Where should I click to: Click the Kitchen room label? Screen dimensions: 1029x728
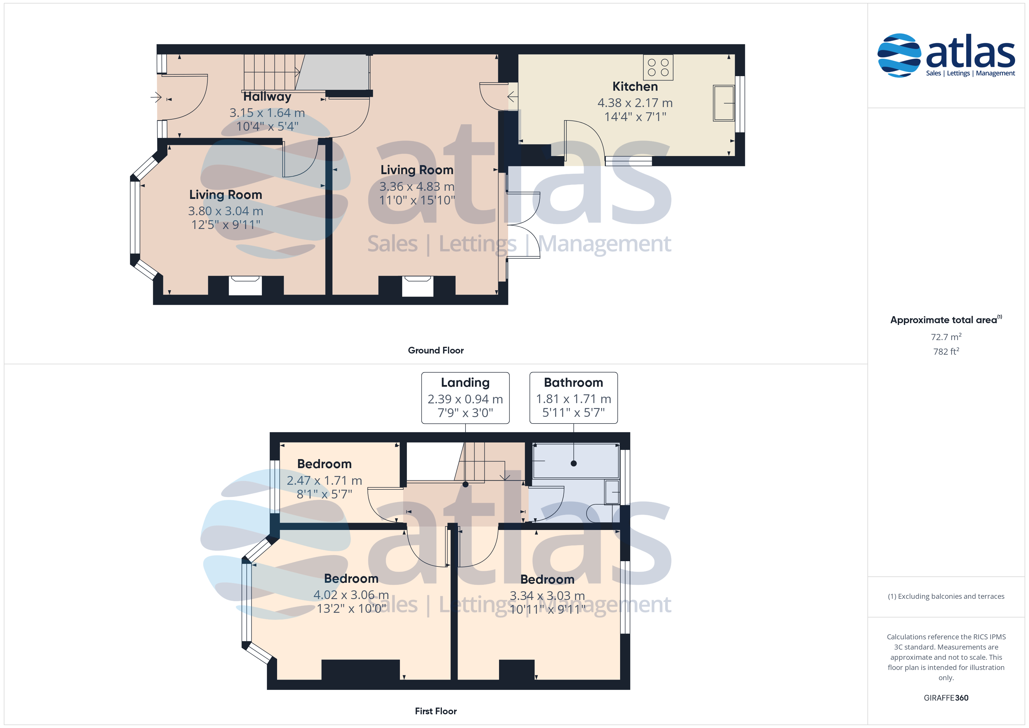click(x=635, y=87)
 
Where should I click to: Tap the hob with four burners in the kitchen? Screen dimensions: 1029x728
click(x=658, y=67)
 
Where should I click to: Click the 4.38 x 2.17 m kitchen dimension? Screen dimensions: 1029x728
click(x=635, y=103)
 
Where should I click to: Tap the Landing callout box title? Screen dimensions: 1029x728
click(x=465, y=382)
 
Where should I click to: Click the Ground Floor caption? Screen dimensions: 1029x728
click(x=436, y=350)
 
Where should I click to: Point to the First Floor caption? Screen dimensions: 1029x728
click(x=436, y=711)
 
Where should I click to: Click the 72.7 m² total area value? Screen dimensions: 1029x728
click(x=946, y=337)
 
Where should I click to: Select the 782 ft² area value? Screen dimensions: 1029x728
click(x=946, y=351)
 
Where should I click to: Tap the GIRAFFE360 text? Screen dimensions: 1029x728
click(x=946, y=697)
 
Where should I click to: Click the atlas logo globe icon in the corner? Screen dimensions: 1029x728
click(x=899, y=55)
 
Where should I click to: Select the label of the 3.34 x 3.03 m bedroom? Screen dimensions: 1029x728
click(x=547, y=579)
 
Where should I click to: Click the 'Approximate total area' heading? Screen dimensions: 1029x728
click(x=946, y=320)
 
